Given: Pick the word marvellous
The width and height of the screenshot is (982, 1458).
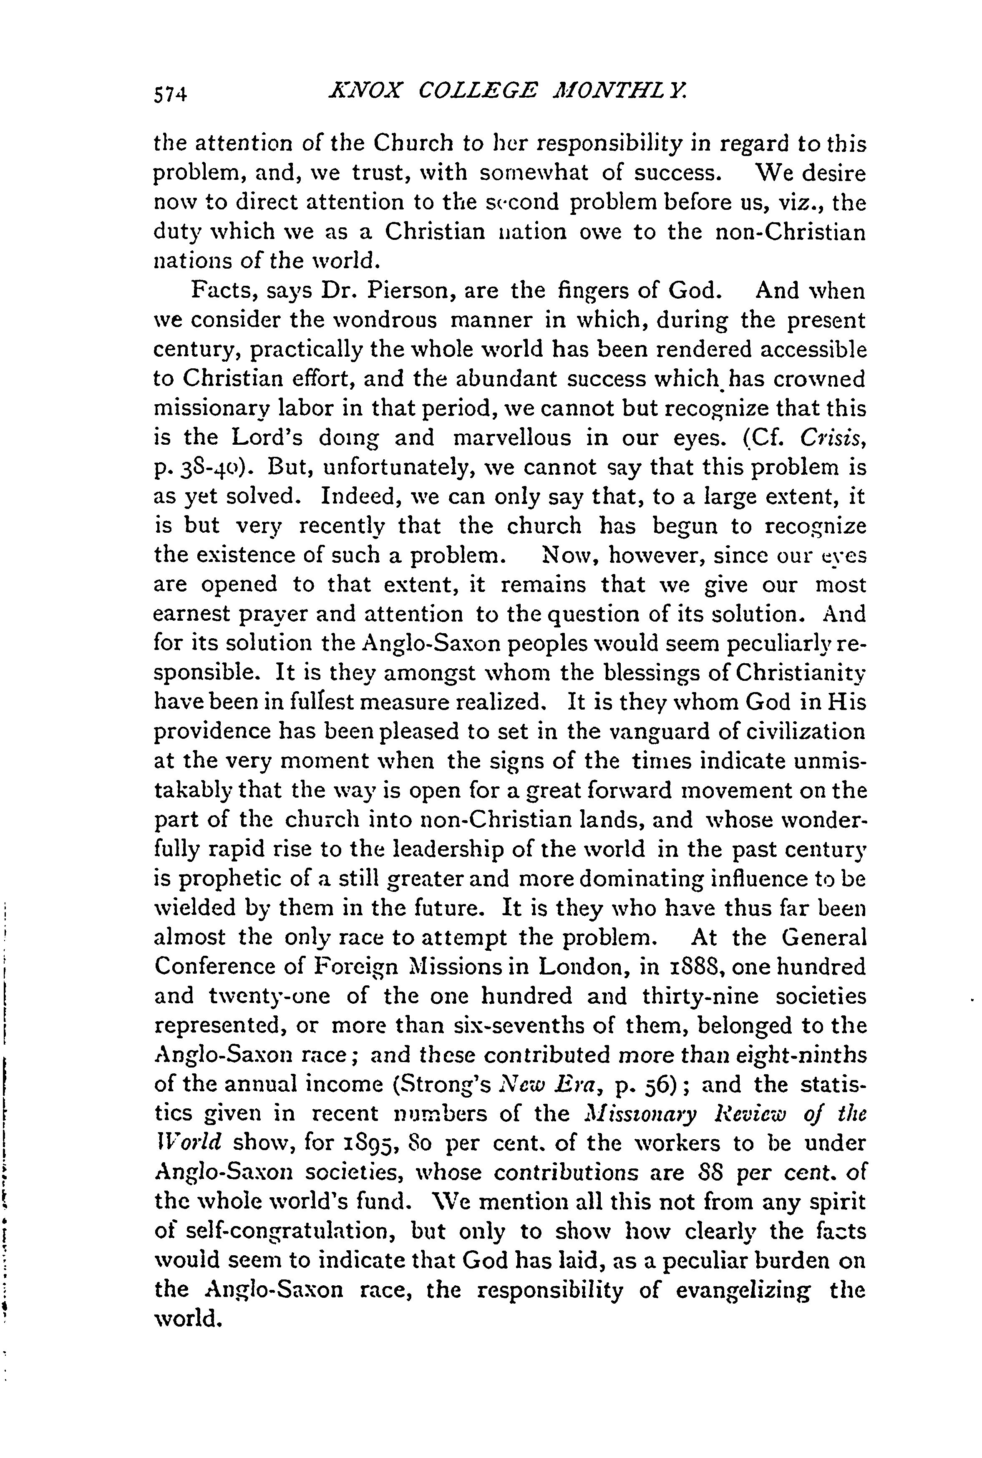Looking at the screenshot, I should (x=512, y=438).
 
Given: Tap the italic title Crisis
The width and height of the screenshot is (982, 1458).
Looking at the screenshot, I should (x=833, y=438).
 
